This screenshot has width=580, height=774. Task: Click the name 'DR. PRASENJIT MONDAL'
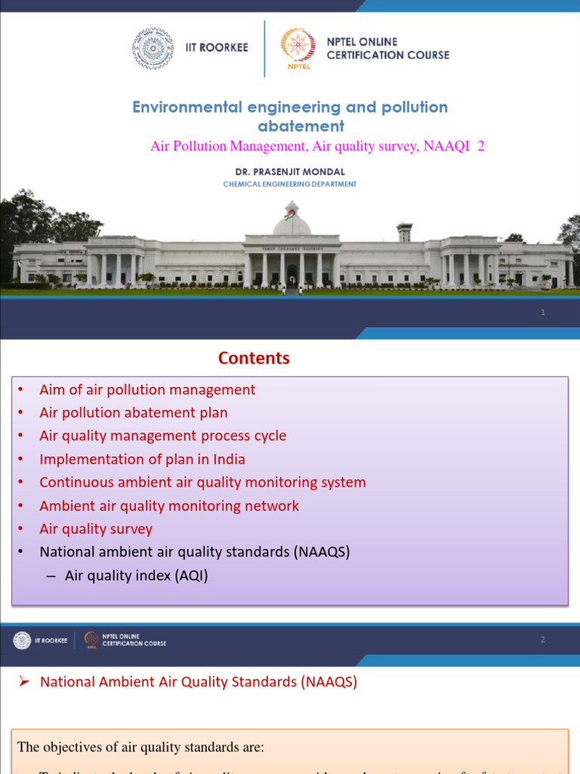click(289, 172)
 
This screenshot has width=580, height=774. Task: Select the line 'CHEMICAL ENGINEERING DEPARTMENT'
click(289, 184)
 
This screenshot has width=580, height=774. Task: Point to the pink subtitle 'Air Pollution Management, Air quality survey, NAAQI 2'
click(317, 147)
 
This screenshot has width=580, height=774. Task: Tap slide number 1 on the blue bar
click(542, 313)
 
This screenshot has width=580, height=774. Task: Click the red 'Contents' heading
click(254, 358)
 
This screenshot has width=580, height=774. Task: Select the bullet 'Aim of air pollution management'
click(147, 389)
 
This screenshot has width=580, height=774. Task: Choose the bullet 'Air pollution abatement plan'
click(133, 413)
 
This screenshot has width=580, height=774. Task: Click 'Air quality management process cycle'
click(162, 435)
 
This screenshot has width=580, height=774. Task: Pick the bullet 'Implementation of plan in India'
click(142, 459)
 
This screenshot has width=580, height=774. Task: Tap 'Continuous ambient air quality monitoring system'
click(202, 482)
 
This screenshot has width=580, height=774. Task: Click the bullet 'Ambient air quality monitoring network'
click(169, 506)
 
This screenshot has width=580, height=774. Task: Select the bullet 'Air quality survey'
click(96, 529)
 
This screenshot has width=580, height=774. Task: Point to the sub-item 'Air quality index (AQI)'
click(136, 576)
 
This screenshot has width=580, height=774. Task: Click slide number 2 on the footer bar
click(542, 640)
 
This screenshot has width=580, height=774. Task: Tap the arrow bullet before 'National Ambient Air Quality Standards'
click(23, 682)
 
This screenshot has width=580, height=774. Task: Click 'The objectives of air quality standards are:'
click(140, 748)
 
